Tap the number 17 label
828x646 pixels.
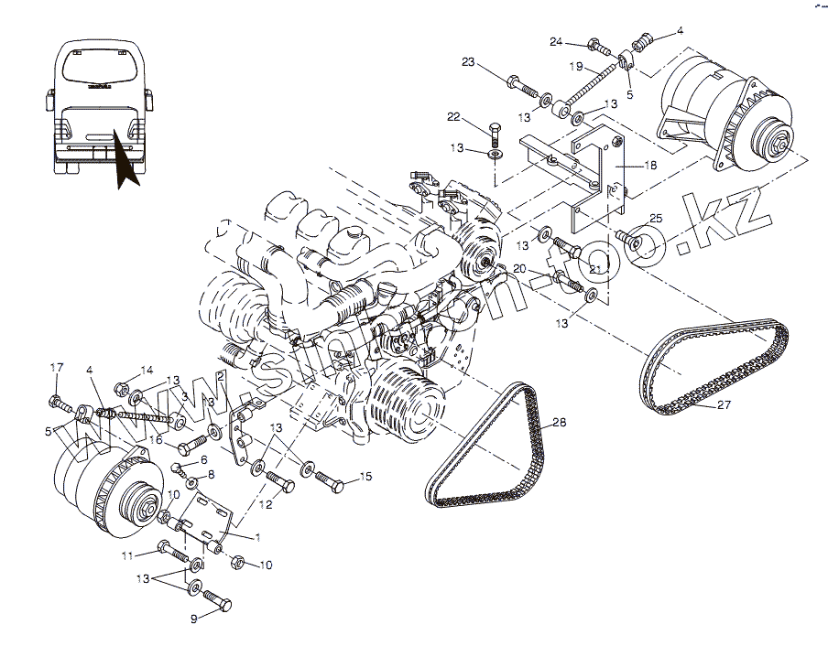point(57,368)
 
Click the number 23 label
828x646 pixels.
point(468,62)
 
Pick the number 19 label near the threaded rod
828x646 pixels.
point(575,66)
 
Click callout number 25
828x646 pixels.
point(655,218)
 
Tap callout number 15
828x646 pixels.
point(365,476)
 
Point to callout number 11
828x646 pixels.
point(127,555)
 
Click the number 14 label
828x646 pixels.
point(147,371)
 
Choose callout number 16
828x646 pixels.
point(157,440)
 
